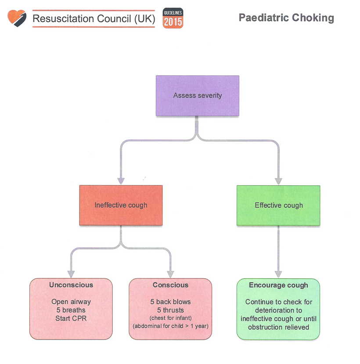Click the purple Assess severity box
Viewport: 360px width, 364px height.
click(198, 96)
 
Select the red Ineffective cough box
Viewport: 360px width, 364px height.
click(121, 205)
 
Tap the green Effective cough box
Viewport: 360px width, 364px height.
click(278, 205)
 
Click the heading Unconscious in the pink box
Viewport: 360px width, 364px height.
click(71, 285)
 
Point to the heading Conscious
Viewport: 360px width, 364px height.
click(170, 285)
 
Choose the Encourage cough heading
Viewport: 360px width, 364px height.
click(278, 285)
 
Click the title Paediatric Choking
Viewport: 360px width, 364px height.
click(286, 18)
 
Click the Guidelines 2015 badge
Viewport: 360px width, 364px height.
click(173, 18)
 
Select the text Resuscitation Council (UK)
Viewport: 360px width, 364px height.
click(94, 19)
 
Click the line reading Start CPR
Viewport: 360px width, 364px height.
click(71, 318)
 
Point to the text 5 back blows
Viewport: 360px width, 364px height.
click(170, 302)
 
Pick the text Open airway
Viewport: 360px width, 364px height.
click(71, 302)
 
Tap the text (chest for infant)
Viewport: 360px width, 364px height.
click(170, 317)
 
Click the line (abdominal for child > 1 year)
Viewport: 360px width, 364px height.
click(170, 326)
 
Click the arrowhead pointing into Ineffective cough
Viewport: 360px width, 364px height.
click(121, 181)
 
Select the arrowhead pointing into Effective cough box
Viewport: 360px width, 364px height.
click(278, 181)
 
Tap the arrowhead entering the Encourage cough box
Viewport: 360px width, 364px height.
click(278, 274)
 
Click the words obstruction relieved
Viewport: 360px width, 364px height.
click(278, 327)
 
